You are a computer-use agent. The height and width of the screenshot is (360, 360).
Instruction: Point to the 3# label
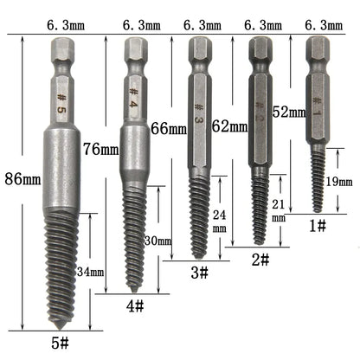click(x=199, y=273)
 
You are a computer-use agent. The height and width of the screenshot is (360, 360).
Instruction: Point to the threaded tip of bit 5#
click(x=61, y=268)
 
